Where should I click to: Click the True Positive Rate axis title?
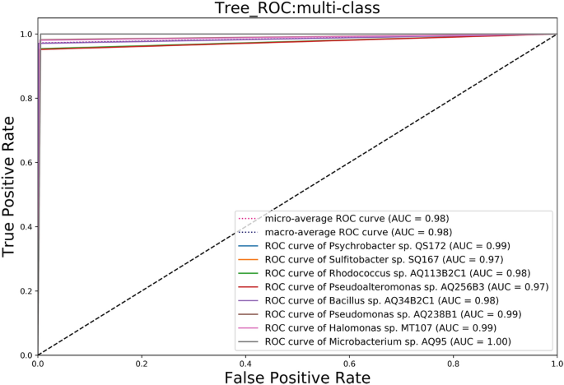(12, 195)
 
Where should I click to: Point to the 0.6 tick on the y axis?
(26, 163)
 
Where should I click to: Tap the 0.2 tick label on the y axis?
(26, 290)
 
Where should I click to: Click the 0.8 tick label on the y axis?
(26, 99)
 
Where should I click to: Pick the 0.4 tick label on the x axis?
(245, 362)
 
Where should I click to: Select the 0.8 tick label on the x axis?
(453, 362)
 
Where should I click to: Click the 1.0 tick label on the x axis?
(557, 362)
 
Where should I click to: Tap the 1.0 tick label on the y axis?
(26, 35)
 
